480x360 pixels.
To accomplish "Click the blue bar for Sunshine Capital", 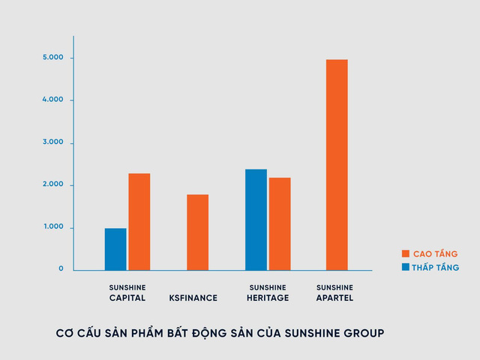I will pyautogui.click(x=115, y=249).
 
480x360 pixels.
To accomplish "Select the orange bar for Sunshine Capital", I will pyautogui.click(x=139, y=221).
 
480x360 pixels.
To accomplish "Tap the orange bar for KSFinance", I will pyautogui.click(x=198, y=232).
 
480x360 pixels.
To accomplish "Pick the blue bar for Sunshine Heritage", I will pyautogui.click(x=256, y=219).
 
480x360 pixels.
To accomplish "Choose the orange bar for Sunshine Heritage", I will pyautogui.click(x=280, y=223).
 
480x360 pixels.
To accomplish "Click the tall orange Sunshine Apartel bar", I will pyautogui.click(x=337, y=164).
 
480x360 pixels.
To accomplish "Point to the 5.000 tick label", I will pyautogui.click(x=53, y=58).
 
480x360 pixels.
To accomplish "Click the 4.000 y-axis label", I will pyautogui.click(x=53, y=100).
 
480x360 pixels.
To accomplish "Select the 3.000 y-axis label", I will pyautogui.click(x=53, y=142).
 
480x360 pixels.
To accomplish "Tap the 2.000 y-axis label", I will pyautogui.click(x=53, y=184).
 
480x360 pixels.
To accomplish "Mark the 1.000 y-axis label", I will pyautogui.click(x=53, y=227).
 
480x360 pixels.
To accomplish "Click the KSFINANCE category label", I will pyautogui.click(x=193, y=298).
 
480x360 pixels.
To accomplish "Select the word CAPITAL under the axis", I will pyautogui.click(x=127, y=298).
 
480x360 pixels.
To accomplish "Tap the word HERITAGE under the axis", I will pyautogui.click(x=268, y=298).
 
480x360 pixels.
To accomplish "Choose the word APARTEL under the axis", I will pyautogui.click(x=334, y=298).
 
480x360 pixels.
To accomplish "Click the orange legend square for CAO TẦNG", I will pyautogui.click(x=406, y=253).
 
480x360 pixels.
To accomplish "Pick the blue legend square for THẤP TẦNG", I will pyautogui.click(x=406, y=267).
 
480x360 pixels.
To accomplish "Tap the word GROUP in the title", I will pyautogui.click(x=361, y=332).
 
